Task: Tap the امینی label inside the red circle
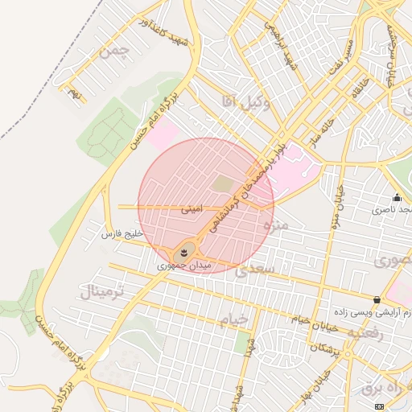[192, 208]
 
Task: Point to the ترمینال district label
[101, 290]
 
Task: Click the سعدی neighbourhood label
[256, 270]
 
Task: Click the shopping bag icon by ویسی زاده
[377, 299]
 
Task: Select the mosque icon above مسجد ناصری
[396, 198]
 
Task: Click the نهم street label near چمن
[75, 94]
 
